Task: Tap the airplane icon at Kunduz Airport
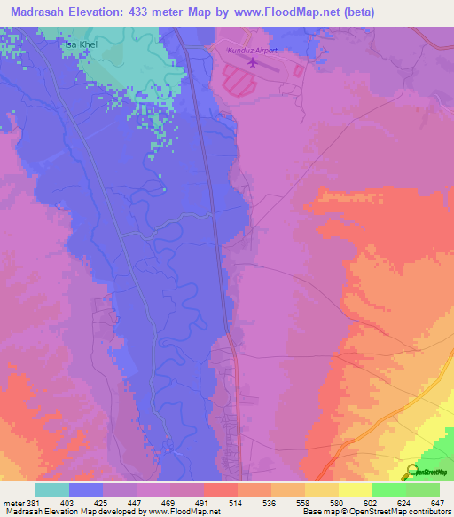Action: click(x=253, y=62)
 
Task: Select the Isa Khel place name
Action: click(x=79, y=43)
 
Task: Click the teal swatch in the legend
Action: click(x=51, y=489)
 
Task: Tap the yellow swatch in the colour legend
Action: click(x=355, y=489)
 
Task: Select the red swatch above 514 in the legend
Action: click(x=220, y=489)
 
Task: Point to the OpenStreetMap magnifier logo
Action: click(x=411, y=471)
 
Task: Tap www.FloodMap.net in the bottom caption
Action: click(x=183, y=512)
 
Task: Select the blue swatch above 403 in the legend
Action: click(x=85, y=489)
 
